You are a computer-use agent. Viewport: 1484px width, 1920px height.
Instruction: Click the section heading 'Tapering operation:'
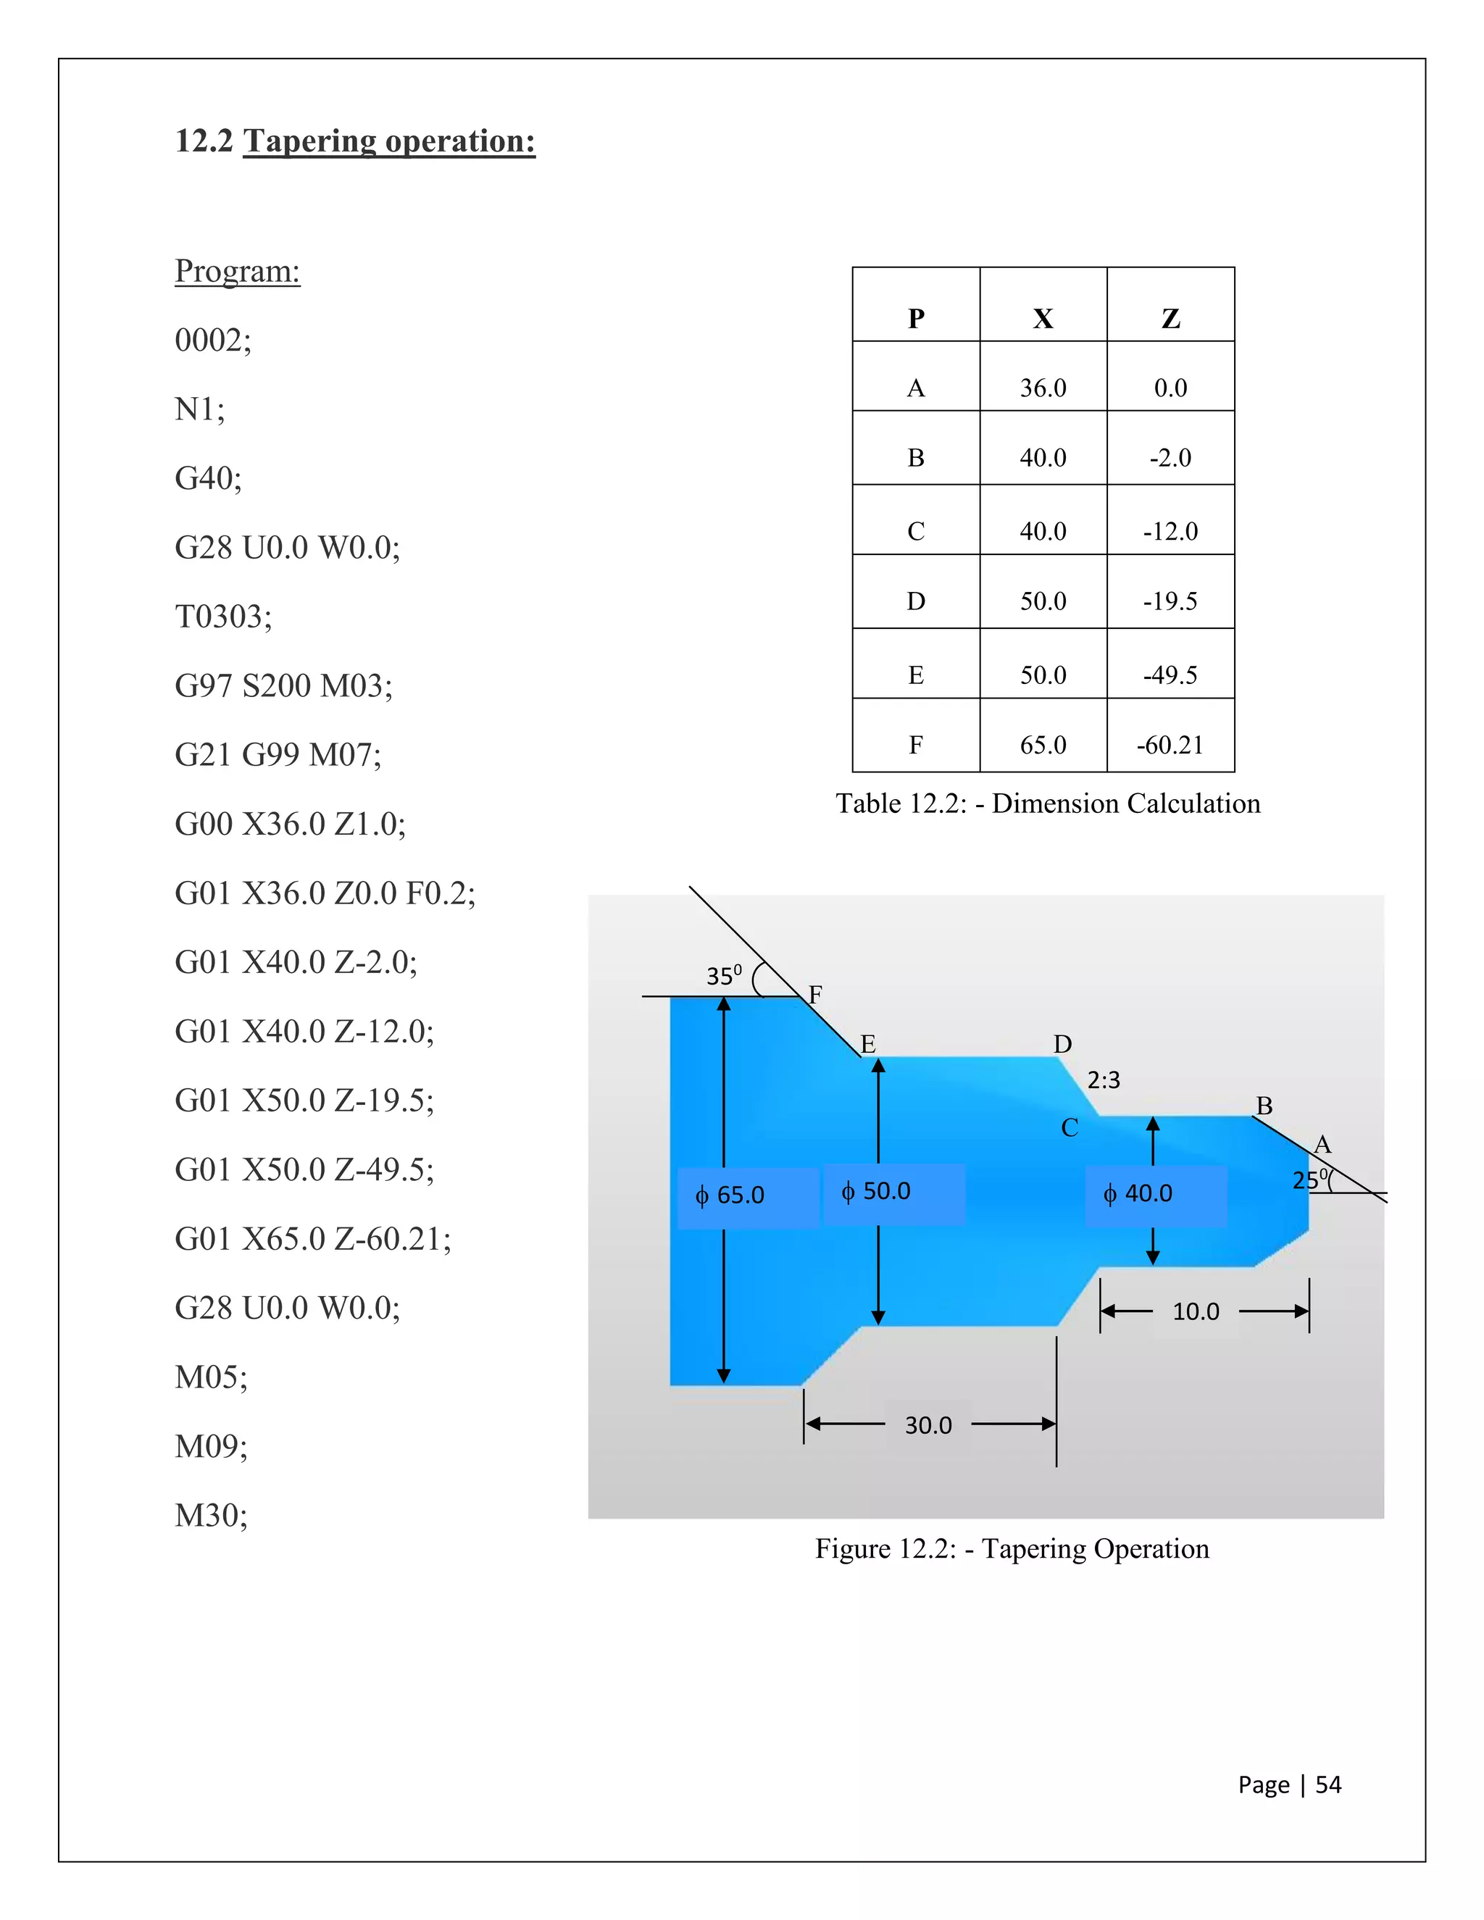click(388, 141)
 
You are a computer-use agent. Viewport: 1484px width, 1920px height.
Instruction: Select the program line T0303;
click(223, 617)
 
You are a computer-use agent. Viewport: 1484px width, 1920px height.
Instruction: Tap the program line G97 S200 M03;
click(283, 685)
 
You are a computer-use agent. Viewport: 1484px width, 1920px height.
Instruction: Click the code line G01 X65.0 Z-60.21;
click(312, 1239)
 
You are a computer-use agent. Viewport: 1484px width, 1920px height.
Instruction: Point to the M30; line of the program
click(211, 1516)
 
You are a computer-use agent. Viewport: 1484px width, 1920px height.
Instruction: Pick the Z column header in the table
click(1170, 318)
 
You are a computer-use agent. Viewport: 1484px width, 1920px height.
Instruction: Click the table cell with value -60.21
click(1170, 745)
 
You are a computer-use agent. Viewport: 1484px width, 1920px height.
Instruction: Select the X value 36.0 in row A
click(1043, 388)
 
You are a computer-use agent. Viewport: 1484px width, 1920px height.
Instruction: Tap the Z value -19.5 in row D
click(1170, 601)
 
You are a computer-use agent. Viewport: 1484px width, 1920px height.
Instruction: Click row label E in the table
click(915, 675)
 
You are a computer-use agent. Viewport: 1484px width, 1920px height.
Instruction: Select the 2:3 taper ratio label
click(1104, 1080)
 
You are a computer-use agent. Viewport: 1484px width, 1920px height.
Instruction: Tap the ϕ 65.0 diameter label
click(730, 1195)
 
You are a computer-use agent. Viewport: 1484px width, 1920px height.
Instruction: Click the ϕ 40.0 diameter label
click(1138, 1194)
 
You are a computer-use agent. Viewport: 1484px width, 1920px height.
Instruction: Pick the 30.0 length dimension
click(928, 1425)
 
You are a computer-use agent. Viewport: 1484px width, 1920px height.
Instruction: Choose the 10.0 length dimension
click(1196, 1311)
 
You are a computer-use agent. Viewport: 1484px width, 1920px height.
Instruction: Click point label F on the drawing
click(815, 994)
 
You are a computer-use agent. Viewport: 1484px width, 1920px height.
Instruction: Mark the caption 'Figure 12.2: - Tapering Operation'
click(1012, 1548)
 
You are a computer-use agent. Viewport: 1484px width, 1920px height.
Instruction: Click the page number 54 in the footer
click(1327, 1785)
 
